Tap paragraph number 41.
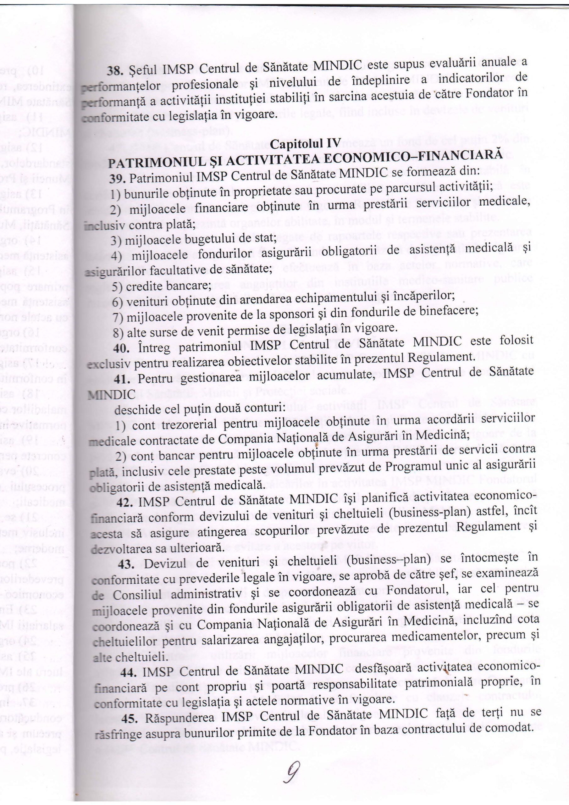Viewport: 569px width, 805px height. [123, 379]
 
